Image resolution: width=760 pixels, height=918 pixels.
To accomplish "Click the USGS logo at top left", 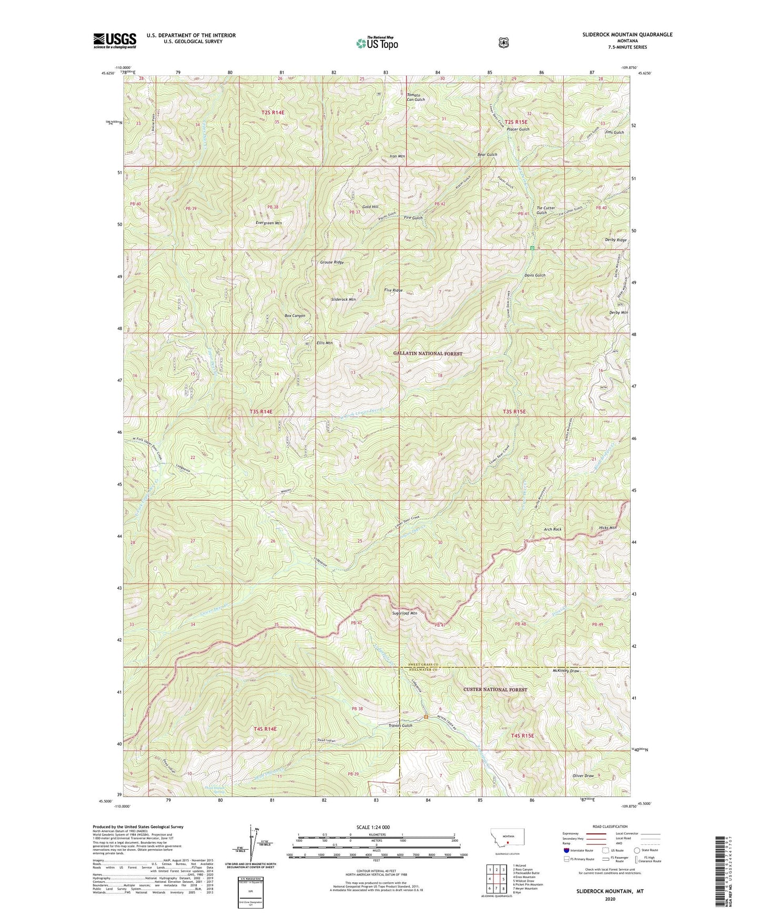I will click(x=115, y=40).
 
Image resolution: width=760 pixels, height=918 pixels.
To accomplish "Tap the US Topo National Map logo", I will click(x=376, y=43).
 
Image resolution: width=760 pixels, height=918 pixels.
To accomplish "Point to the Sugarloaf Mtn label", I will click(x=404, y=613).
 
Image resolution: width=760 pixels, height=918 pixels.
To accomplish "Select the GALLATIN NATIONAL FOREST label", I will click(x=428, y=354).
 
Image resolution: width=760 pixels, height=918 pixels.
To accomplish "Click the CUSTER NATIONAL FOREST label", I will click(x=495, y=689).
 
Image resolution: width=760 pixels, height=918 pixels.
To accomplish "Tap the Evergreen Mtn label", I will click(x=269, y=223).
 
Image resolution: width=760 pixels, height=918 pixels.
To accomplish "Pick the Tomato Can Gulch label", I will click(x=416, y=97).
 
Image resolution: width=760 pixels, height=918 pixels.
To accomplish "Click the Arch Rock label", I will click(x=553, y=529).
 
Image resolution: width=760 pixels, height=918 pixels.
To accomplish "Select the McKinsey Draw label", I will click(x=565, y=671).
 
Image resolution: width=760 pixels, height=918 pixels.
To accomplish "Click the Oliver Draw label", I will click(x=583, y=776).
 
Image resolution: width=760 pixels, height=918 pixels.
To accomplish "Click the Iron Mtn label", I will click(x=397, y=156).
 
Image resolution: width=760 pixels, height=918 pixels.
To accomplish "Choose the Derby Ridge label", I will click(x=616, y=240).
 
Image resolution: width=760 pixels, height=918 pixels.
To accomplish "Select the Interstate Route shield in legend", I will click(x=566, y=850).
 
